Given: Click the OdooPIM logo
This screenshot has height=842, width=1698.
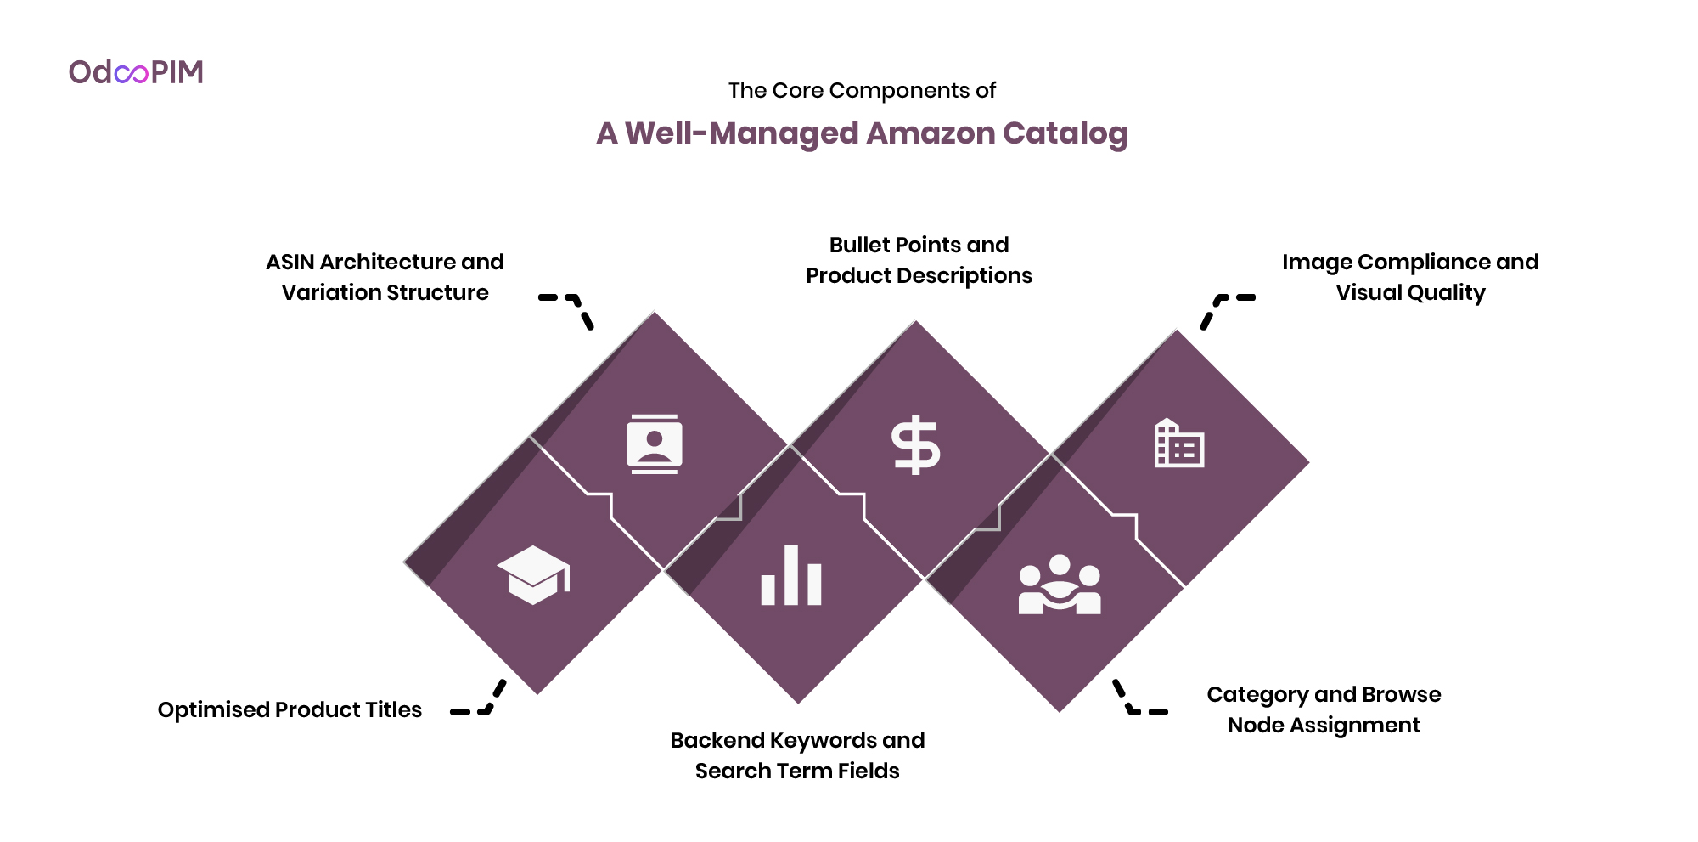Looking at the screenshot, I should tap(136, 72).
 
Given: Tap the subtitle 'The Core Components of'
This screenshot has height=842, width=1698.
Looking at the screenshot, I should tap(861, 91).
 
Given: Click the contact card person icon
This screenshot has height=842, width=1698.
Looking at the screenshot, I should tap(654, 444).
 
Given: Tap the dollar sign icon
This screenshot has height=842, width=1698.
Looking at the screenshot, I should tap(915, 444).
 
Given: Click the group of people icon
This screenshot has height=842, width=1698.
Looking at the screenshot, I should tap(1060, 585).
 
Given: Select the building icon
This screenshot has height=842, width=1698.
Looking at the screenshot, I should tap(1178, 444).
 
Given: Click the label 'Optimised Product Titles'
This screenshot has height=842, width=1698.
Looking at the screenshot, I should tap(290, 710).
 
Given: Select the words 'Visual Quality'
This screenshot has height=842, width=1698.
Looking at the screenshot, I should tap(1410, 293).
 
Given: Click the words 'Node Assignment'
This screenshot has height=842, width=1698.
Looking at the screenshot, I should tap(1323, 726).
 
